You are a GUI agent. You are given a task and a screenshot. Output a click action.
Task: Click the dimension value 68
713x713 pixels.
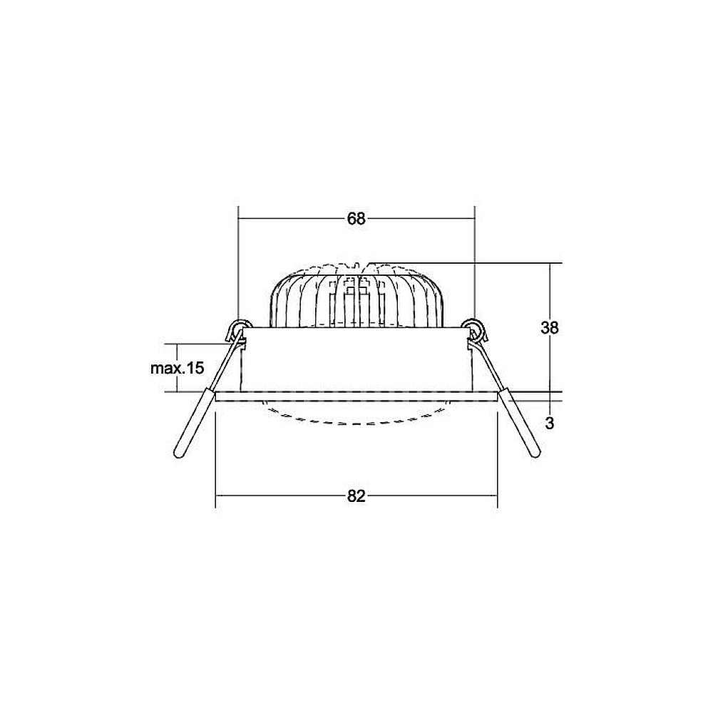pyautogui.click(x=356, y=219)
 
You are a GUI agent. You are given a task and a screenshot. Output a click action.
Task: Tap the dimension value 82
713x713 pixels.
pyautogui.click(x=356, y=496)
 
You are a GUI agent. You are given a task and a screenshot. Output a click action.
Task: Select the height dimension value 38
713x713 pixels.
pyautogui.click(x=549, y=327)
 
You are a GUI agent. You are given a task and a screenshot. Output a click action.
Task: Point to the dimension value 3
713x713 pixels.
pyautogui.click(x=550, y=424)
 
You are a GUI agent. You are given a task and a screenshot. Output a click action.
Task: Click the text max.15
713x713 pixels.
pyautogui.click(x=178, y=368)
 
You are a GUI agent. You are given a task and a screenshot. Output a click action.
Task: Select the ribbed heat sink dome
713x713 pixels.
pyautogui.click(x=356, y=296)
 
